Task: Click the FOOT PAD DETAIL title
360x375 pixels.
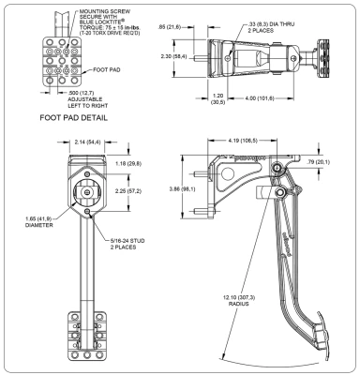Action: coord(74,118)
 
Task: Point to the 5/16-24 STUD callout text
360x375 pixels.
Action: coord(127,244)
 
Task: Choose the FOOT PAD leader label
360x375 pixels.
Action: coord(107,69)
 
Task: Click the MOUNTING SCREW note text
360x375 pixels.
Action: coord(110,22)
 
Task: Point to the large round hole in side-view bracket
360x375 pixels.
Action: coord(227,173)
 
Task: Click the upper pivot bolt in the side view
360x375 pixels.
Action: coord(277,168)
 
